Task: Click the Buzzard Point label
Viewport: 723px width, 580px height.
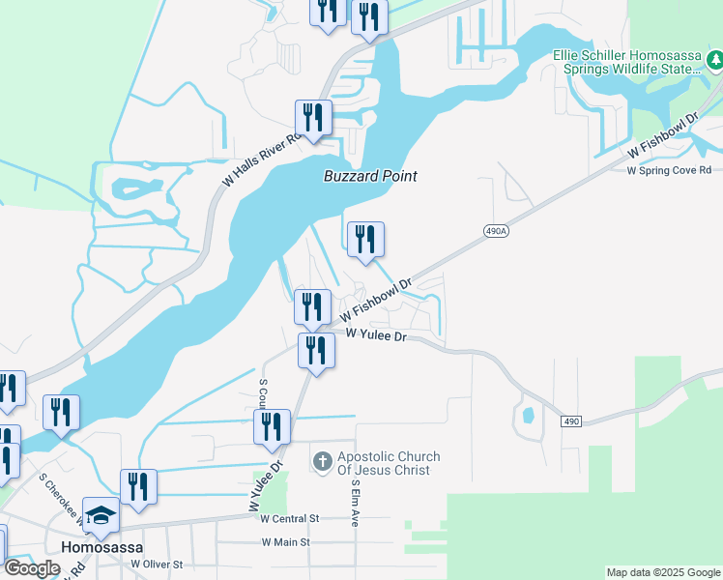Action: coord(370,176)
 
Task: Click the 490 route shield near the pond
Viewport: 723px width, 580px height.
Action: coord(571,420)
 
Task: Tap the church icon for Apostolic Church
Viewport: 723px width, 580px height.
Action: coord(323,462)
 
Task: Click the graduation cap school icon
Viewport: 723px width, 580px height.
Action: coord(100,516)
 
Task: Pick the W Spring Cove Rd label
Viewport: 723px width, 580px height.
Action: coord(674,170)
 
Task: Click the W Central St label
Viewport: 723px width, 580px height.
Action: coord(290,518)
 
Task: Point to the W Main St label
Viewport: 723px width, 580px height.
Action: coord(285,542)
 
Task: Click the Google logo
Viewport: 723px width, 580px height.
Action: coord(32,569)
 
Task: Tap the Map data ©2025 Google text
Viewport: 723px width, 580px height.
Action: coord(663,572)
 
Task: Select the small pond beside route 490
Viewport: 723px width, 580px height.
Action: coord(527,417)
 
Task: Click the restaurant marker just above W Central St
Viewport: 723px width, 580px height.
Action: coord(138,488)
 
